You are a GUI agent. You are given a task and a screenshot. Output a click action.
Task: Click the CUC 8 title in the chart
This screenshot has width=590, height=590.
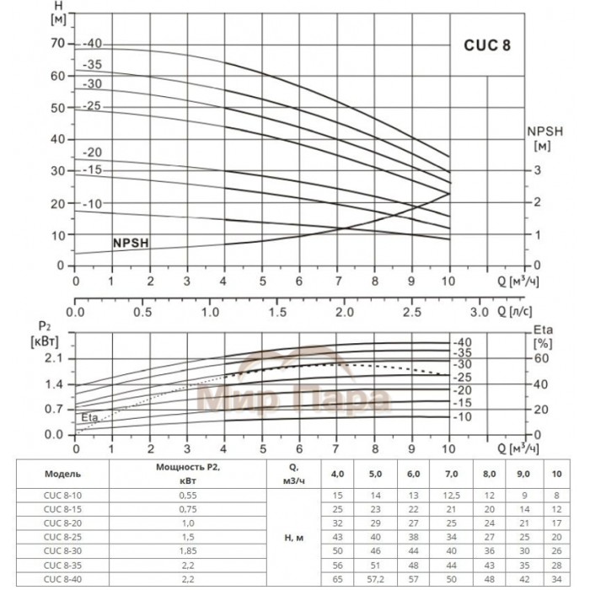point(486,47)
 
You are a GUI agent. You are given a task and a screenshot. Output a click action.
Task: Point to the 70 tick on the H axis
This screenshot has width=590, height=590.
point(58,42)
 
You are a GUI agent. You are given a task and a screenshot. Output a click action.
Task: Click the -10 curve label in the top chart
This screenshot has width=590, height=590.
point(92,203)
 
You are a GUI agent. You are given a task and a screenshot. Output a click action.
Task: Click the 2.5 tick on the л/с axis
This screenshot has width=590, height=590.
point(411,311)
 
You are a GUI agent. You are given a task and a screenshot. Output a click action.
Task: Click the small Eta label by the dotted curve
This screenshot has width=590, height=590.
point(89,417)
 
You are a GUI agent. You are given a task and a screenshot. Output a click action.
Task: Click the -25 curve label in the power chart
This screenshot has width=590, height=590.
point(463,378)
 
